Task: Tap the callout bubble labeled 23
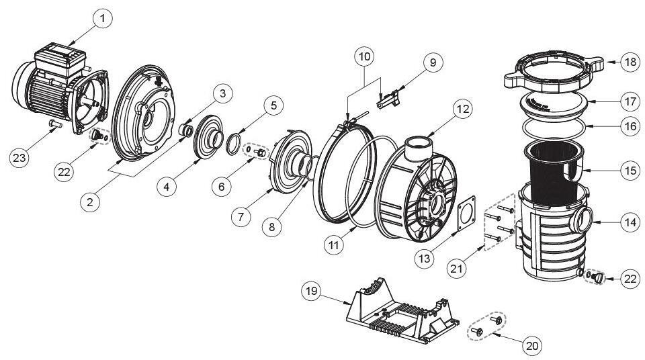[19, 157]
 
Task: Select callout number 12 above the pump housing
[463, 109]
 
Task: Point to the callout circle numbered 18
[631, 62]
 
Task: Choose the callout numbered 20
[532, 346]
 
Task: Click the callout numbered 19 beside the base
[312, 291]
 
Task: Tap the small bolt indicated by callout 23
[55, 123]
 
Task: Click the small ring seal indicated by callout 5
[233, 143]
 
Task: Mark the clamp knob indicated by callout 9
[389, 100]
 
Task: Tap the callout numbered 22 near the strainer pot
[631, 279]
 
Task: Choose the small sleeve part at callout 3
[186, 131]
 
